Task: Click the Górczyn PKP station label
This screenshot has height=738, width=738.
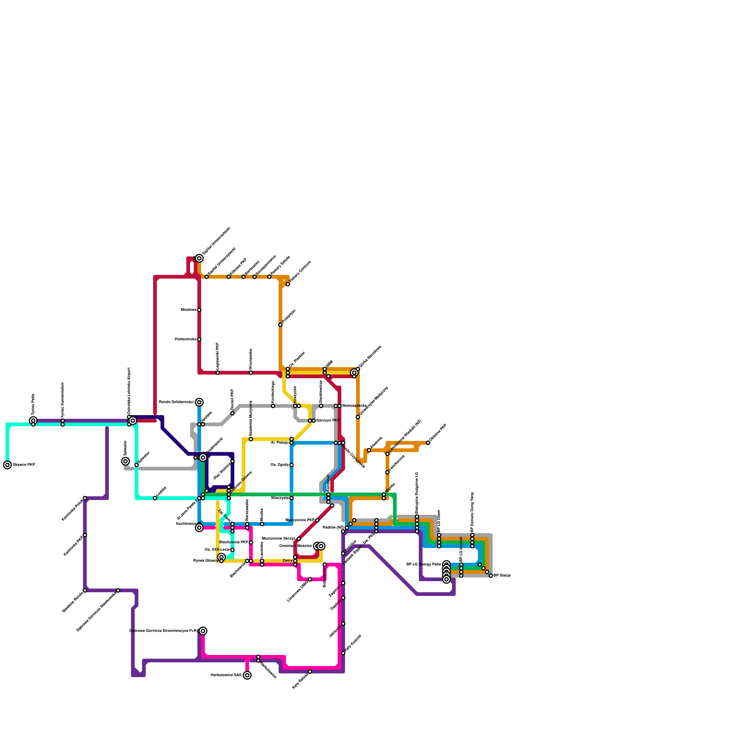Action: [328, 421]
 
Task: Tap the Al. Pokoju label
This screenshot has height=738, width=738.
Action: [280, 442]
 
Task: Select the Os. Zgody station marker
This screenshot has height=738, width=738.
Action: [292, 465]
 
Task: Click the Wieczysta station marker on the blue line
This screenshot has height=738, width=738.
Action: [292, 498]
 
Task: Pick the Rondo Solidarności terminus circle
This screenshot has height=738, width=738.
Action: [199, 402]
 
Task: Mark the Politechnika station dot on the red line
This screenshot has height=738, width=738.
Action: [199, 339]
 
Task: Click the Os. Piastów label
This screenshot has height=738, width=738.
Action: [297, 360]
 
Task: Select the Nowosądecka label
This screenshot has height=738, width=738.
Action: [354, 406]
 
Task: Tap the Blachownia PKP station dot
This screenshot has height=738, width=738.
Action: [251, 542]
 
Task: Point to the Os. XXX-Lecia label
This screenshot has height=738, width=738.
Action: [217, 550]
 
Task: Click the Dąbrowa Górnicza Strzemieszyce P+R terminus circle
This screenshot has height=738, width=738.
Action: [203, 631]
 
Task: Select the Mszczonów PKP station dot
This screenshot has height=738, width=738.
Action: [317, 520]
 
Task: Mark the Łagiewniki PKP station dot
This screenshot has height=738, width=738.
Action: [218, 373]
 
